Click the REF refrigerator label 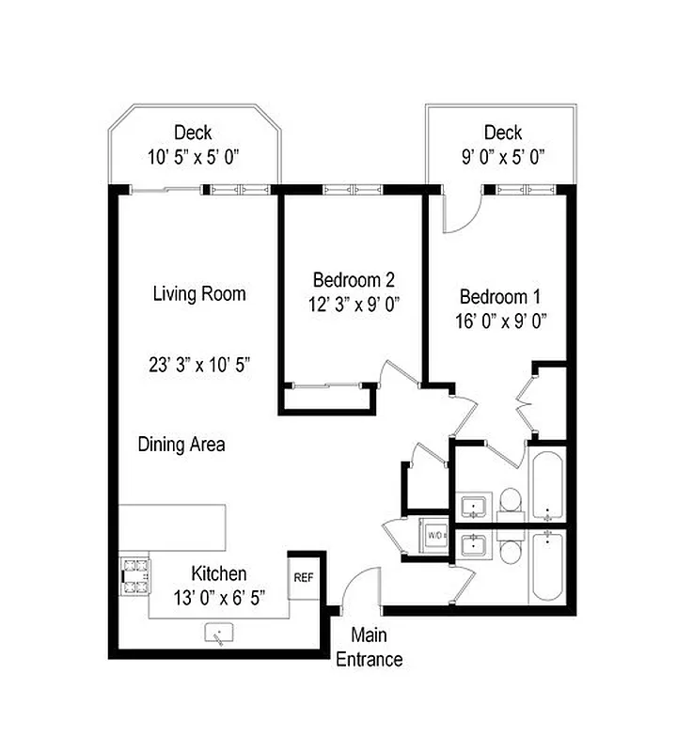click(x=303, y=577)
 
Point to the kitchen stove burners click(x=134, y=575)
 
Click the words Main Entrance click(x=370, y=648)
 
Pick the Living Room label click(x=199, y=294)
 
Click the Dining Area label click(x=181, y=445)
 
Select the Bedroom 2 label click(x=354, y=280)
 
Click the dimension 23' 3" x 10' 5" click(x=199, y=364)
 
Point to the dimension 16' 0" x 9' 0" click(x=502, y=321)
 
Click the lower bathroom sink click(x=473, y=544)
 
